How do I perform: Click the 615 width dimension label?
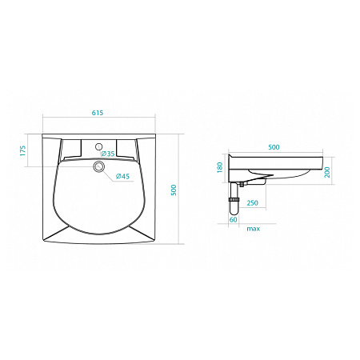[98, 113]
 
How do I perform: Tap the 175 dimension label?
[23, 150]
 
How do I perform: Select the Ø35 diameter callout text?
[108, 154]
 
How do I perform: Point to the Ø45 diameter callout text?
[122, 176]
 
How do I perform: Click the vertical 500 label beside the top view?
[174, 190]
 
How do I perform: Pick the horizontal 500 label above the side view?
[274, 147]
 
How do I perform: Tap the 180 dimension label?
[219, 167]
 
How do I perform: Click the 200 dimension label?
[327, 172]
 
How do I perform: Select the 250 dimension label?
[252, 203]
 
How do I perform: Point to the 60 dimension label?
[233, 220]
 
